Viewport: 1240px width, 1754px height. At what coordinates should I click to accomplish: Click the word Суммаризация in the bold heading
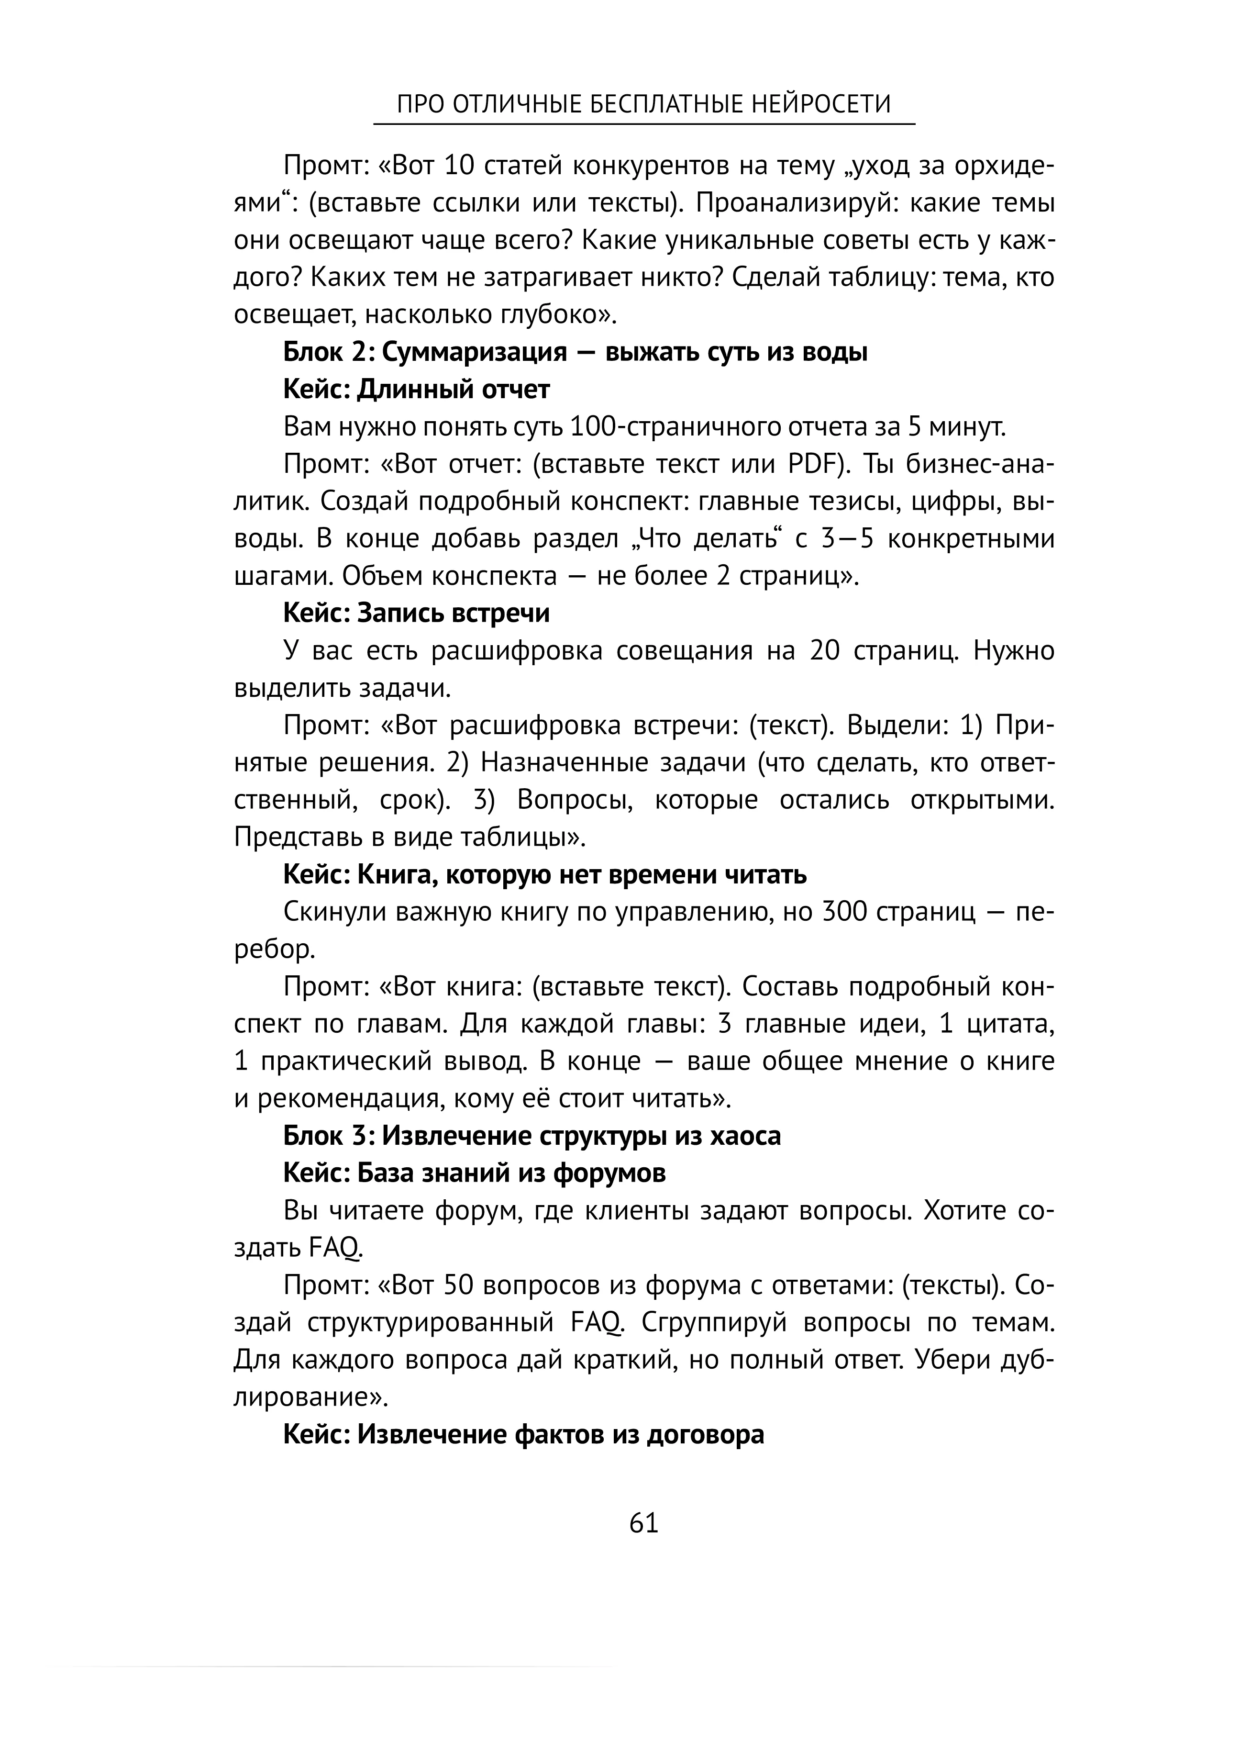[474, 352]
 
